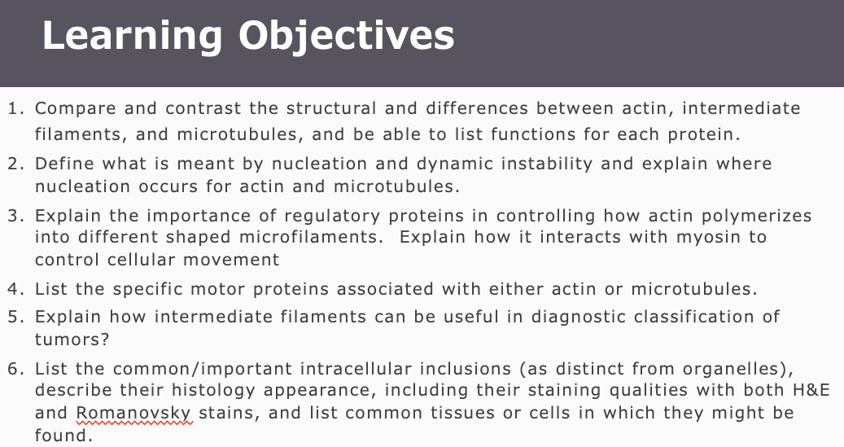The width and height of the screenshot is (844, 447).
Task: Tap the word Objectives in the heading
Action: pyautogui.click(x=347, y=37)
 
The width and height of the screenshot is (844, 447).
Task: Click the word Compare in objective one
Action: pyautogui.click(x=76, y=109)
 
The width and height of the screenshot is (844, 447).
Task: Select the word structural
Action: pyautogui.click(x=331, y=108)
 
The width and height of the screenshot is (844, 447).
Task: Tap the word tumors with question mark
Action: pyautogui.click(x=72, y=340)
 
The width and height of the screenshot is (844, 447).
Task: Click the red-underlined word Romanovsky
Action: pyautogui.click(x=133, y=414)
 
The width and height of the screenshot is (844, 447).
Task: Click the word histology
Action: pyautogui.click(x=214, y=391)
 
